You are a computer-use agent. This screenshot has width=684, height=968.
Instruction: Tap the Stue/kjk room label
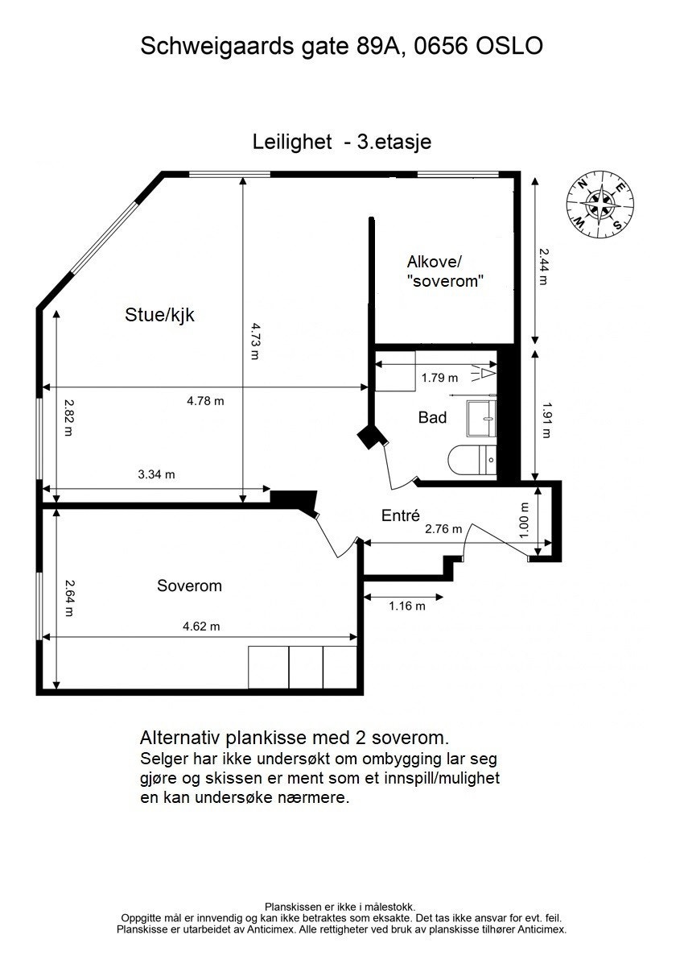pos(159,315)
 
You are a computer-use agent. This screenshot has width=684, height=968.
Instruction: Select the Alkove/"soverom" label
pos(445,271)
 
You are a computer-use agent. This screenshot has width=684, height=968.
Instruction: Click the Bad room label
pos(432,417)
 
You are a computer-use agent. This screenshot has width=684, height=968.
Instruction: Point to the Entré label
pos(402,516)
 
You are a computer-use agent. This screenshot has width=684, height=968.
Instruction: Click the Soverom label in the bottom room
pos(189,585)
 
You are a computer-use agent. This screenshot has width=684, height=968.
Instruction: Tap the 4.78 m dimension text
pos(205,400)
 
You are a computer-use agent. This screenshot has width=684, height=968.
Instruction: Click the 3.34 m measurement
pos(156,474)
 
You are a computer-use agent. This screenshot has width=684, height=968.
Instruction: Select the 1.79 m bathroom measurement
pos(439,377)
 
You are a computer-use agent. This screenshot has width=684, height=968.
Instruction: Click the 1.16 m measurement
pos(406,606)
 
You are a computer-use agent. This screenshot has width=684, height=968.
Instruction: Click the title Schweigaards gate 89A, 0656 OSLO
pos(341,46)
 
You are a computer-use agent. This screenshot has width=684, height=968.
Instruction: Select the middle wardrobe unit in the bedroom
pos(305,667)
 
